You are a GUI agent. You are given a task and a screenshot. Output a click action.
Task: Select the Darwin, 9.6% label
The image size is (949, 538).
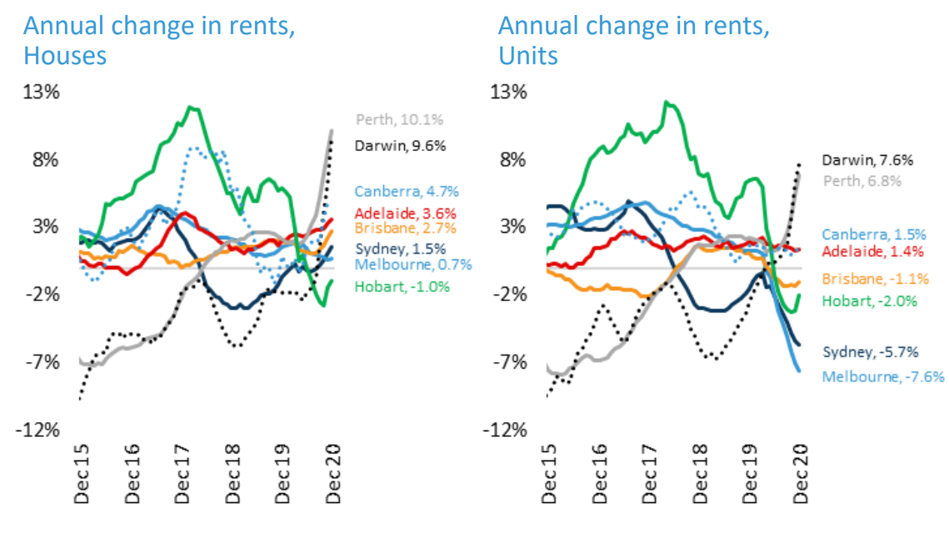click(400, 146)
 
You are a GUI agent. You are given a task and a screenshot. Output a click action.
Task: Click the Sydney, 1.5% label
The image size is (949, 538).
click(400, 249)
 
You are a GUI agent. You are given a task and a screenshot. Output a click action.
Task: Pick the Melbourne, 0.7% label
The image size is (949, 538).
click(413, 264)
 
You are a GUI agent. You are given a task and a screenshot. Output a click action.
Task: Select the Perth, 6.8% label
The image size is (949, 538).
click(861, 180)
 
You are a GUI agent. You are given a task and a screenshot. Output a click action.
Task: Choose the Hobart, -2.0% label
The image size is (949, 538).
click(869, 300)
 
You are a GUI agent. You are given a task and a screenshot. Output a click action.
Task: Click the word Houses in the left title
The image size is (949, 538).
click(65, 56)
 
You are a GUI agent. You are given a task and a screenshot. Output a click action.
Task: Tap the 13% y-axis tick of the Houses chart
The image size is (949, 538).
click(42, 92)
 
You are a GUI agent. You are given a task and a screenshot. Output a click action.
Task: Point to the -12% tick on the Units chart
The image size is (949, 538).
click(506, 430)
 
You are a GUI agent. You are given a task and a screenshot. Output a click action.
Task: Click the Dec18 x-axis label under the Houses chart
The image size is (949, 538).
click(235, 478)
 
